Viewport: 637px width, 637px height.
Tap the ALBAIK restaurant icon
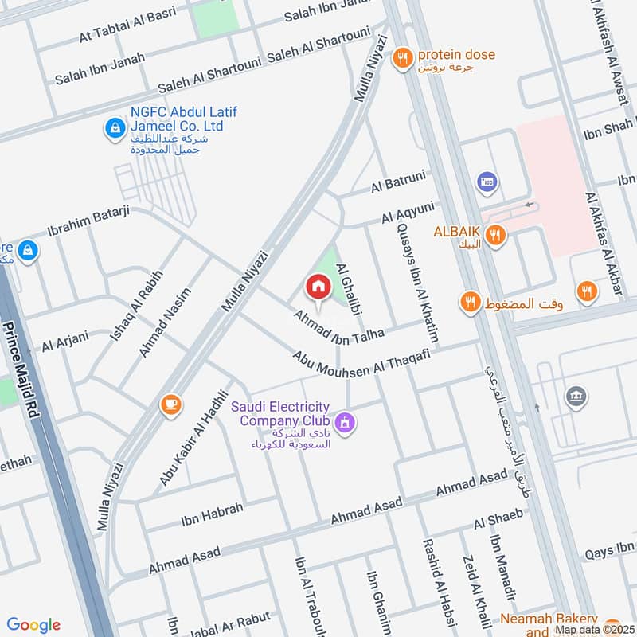[495, 235]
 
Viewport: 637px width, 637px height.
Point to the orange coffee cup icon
[170, 404]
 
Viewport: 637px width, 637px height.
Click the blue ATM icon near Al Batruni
[484, 183]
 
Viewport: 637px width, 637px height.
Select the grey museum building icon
[576, 397]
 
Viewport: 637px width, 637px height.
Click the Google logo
[33, 625]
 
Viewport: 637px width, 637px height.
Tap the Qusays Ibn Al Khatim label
[416, 279]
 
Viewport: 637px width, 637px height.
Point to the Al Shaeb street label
[499, 518]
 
